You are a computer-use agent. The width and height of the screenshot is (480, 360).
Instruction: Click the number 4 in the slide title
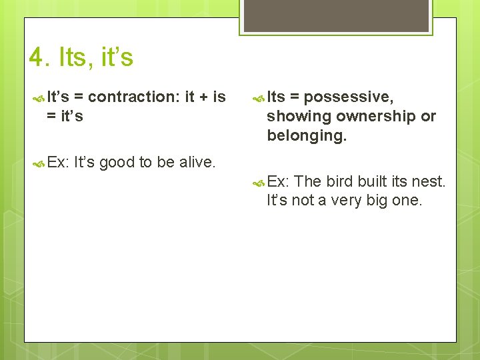point(37,58)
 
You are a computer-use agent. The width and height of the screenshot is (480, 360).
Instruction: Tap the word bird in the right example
point(340,181)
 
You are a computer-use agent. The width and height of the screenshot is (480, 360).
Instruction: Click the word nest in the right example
point(429,181)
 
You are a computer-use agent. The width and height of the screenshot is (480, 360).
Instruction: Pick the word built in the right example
point(373,181)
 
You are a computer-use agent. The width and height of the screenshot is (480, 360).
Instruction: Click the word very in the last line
point(345,200)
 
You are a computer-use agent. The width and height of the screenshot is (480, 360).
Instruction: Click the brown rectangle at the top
point(336,15)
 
